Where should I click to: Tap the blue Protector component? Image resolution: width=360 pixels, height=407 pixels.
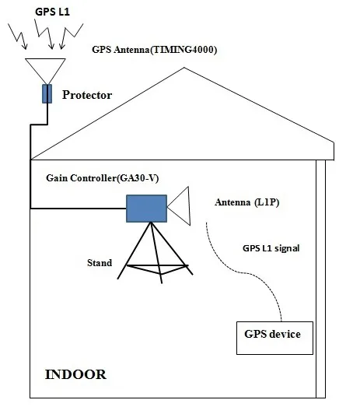click(x=46, y=94)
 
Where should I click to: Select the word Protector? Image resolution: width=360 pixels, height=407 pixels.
click(x=87, y=95)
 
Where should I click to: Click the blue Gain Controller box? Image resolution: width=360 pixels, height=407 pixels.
click(x=146, y=207)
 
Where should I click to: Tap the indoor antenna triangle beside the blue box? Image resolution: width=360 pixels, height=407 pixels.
click(x=181, y=207)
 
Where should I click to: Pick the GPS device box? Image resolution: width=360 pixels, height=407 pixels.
click(x=273, y=335)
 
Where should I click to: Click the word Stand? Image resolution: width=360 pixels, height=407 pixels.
click(x=99, y=262)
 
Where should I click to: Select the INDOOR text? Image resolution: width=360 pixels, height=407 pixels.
click(x=75, y=374)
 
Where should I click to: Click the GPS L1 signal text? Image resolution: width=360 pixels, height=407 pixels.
click(x=271, y=249)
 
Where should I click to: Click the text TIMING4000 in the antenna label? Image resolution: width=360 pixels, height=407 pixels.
click(x=187, y=50)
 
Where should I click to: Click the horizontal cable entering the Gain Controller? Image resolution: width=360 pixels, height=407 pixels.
click(x=78, y=208)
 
